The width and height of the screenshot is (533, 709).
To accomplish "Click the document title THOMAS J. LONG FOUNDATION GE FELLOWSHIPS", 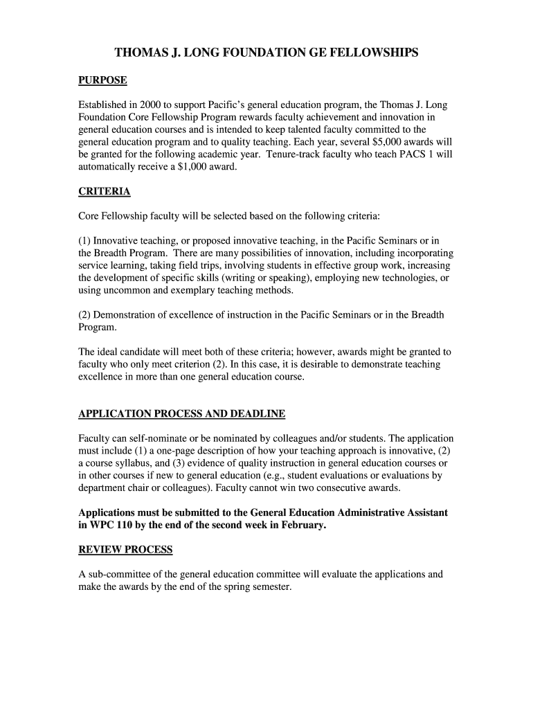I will coord(266,53).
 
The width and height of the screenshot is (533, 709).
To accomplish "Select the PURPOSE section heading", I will coord(102,80).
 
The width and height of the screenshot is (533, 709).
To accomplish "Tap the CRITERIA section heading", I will coord(105,191).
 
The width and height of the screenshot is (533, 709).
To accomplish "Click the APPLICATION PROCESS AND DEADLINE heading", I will coord(181,414).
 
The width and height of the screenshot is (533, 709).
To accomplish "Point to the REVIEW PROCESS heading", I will coord(125,550).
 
